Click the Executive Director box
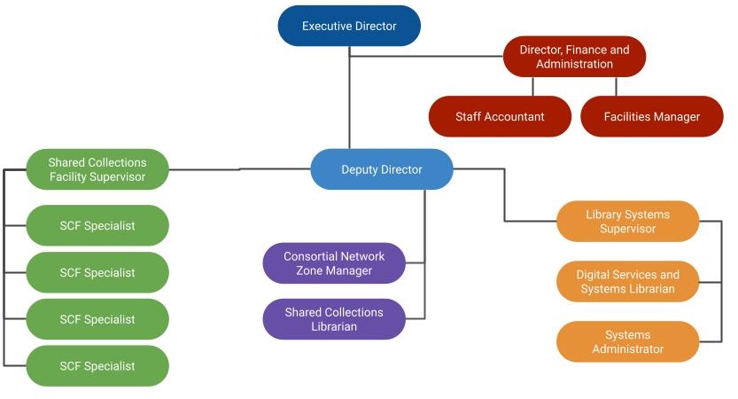point(349,27)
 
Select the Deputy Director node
point(382,169)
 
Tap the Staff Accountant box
point(500,116)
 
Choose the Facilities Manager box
point(651,116)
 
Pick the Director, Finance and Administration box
point(574,57)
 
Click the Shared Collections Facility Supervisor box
point(97,169)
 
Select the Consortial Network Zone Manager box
point(334,263)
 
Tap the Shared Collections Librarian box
point(334,319)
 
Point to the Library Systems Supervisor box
point(627,222)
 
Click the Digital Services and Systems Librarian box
point(627,282)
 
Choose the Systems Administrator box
point(627,341)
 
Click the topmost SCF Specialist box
point(97,225)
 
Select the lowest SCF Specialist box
point(97,365)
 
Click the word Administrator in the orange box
point(628,348)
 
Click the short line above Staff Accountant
point(533,86)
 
